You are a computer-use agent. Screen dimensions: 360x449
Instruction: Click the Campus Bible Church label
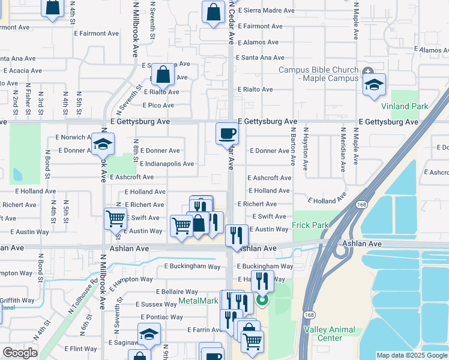[318, 74]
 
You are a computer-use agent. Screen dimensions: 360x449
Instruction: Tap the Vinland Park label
[405, 106]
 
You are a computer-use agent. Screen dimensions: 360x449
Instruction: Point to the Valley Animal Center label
[330, 334]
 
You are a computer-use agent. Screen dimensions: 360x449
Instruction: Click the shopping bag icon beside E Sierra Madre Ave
[213, 11]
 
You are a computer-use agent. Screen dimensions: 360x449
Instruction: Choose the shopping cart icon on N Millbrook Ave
[115, 218]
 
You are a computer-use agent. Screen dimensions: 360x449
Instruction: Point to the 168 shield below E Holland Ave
[359, 205]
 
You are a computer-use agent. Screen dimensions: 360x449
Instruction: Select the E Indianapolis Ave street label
[166, 164]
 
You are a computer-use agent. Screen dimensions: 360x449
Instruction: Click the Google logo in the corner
[20, 353]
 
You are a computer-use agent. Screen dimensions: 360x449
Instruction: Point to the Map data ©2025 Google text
[412, 355]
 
